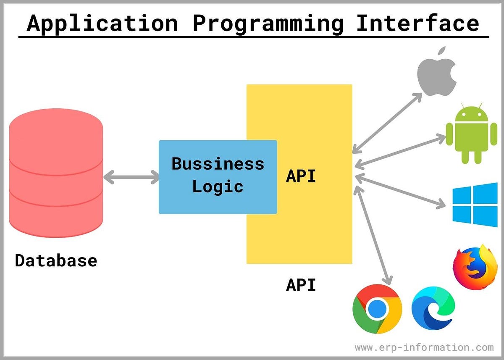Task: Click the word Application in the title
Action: pos(102,24)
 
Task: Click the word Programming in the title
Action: pos(268,24)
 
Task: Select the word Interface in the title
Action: pos(417,24)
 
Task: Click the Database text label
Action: pos(56,260)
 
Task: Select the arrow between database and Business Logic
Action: pos(131,177)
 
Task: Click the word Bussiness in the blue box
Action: pos(218,163)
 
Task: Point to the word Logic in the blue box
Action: pos(218,186)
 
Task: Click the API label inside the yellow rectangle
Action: pos(301,176)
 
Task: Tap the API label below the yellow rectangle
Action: pos(301,285)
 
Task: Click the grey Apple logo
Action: pos(437,71)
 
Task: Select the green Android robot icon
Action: pos(468,134)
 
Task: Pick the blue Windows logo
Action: pos(475,205)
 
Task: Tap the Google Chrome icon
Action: pos(377,309)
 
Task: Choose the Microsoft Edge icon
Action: pos(433,307)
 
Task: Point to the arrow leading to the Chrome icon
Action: pos(374,235)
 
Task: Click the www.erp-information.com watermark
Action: pos(424,347)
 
